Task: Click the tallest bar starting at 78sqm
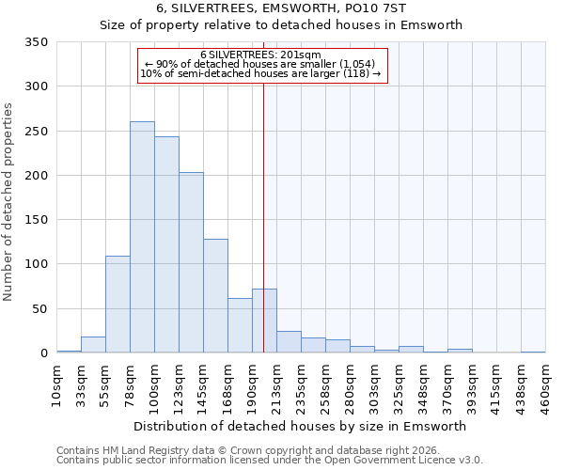142,237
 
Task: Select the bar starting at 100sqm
166,244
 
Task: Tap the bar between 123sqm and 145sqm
191,262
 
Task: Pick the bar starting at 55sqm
117,304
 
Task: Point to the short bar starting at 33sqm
93,344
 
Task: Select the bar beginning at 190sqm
264,321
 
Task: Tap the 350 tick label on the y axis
36,42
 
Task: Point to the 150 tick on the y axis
36,220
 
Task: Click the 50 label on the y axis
39,308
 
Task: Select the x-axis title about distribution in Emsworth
300,426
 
